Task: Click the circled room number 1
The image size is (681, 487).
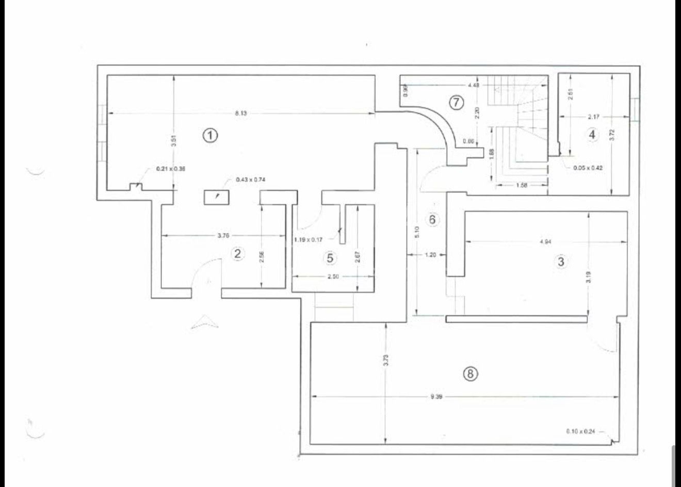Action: [210, 135]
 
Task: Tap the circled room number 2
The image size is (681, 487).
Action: [237, 253]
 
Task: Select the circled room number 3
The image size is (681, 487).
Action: [561, 262]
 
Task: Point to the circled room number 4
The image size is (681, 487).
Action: [592, 135]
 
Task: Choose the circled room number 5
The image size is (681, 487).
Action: [330, 257]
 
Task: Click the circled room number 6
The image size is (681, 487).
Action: [432, 219]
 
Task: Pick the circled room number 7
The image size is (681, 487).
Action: [456, 103]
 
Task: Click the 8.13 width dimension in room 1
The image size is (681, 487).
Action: [240, 113]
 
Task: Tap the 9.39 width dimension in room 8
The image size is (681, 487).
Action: [436, 397]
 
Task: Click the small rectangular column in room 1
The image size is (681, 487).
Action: [217, 197]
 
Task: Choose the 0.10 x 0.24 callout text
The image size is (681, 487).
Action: [580, 431]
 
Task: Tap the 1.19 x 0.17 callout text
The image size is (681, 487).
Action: [308, 239]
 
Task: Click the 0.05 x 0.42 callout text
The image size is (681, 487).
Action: [588, 168]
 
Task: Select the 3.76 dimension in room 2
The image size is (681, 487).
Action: [223, 236]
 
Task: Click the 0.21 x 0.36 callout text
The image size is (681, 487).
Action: [171, 169]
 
